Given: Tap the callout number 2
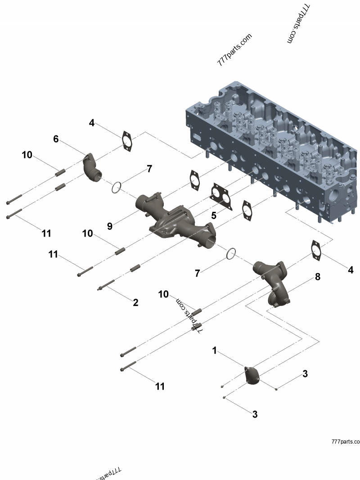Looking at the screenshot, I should click(135, 302).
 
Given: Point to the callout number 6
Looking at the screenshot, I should click(56, 139).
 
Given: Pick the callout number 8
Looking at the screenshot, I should click(318, 277).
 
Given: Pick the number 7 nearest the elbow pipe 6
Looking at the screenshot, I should click(149, 169).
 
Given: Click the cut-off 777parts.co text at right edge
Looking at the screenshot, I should click(345, 442).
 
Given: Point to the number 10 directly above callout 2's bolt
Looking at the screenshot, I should click(87, 233).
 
